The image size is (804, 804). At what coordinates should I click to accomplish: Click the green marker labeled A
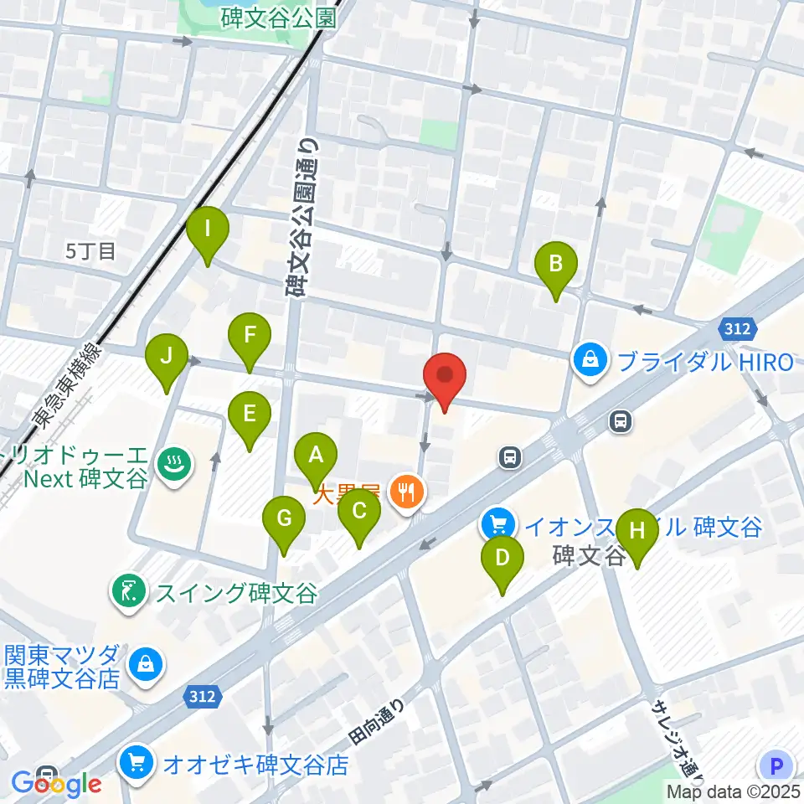pyautogui.click(x=316, y=456)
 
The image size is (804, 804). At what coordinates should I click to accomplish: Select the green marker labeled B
pyautogui.click(x=555, y=265)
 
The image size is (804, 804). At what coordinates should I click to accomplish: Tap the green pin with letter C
pyautogui.click(x=359, y=511)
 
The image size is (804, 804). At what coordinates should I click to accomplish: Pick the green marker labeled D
pyautogui.click(x=502, y=558)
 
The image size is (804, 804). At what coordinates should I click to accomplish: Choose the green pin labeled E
pyautogui.click(x=249, y=414)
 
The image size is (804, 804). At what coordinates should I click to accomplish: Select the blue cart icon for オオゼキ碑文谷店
pyautogui.click(x=137, y=763)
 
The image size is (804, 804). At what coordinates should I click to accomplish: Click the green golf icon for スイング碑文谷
pyautogui.click(x=128, y=593)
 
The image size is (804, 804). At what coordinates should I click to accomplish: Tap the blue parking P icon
pyautogui.click(x=776, y=765)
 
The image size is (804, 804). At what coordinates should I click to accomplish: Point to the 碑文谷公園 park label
pyautogui.click(x=279, y=17)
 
